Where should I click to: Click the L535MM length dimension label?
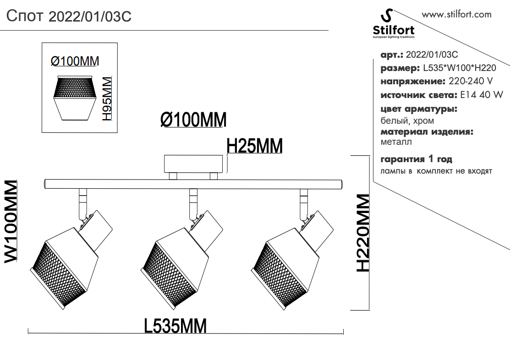coord(175,326)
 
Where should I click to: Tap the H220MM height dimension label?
coord(363,233)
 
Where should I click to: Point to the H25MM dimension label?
coord(255,146)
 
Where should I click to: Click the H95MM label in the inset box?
coord(107,99)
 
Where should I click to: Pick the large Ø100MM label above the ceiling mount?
coord(193,120)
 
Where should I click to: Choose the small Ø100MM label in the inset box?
coord(75,61)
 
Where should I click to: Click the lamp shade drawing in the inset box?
coord(74,97)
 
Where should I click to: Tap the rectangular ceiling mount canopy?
coord(196,164)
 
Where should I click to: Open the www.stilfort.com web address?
coord(456,14)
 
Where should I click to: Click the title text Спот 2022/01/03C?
coord(69,16)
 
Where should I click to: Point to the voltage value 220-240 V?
coord(471,82)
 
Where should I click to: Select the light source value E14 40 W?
coord(481,95)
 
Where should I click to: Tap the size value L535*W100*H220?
coord(459,68)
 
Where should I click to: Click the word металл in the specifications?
coord(396,142)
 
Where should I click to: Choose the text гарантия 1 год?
coord(417,159)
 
